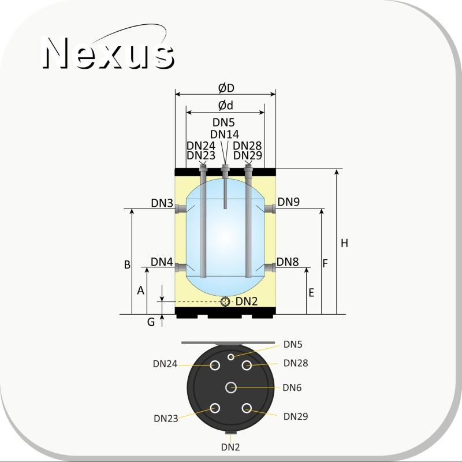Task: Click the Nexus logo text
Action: click(x=108, y=53)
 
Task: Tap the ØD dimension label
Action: click(x=226, y=88)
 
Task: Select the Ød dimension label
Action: click(x=226, y=106)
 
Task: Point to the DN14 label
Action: click(x=225, y=135)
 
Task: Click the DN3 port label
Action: click(x=162, y=203)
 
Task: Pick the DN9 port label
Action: click(x=289, y=202)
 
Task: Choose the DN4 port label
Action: click(x=162, y=262)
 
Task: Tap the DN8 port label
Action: click(x=288, y=262)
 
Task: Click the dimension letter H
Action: click(x=344, y=243)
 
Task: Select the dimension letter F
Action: click(x=325, y=263)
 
